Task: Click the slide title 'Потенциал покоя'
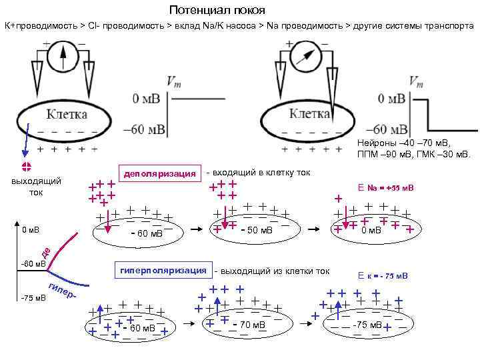217,10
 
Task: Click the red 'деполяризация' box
159,174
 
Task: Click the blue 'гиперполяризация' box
163,271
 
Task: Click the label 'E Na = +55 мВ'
385,188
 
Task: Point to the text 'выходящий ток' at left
37,186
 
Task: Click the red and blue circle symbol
27,167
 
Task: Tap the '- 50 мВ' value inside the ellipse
257,230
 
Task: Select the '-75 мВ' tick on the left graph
31,297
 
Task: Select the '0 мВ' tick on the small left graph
30,230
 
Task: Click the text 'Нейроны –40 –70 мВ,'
404,143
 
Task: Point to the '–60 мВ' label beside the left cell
145,129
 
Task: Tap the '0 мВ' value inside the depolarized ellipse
370,230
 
